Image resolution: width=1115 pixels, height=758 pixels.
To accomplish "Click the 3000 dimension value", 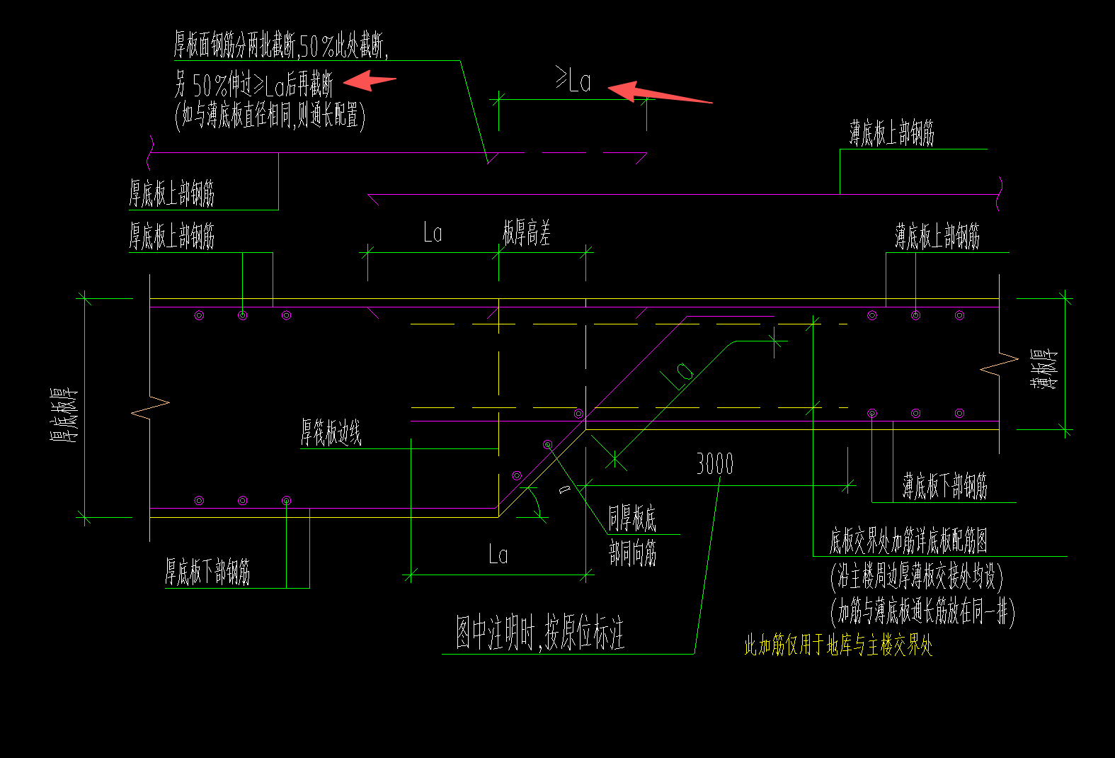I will coord(714,464).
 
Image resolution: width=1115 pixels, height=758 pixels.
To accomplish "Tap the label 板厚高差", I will coord(527,232).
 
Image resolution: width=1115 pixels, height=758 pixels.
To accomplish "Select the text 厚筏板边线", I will coord(331,432).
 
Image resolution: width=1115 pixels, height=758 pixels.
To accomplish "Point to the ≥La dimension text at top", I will coord(573,80).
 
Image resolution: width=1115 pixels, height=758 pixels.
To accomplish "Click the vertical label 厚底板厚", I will coord(64,415).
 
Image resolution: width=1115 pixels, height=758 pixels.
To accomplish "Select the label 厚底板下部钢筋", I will coord(207,571).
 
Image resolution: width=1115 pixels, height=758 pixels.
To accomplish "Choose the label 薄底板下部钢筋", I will coord(944,487).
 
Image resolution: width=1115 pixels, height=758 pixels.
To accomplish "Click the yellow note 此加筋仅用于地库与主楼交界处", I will coord(838,645).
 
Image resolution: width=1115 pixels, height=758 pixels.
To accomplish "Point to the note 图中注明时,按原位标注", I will coord(539,633).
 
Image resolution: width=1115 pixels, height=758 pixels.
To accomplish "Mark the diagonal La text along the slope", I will coord(678,375).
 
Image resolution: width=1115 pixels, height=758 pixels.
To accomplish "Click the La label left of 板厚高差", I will coord(433,232).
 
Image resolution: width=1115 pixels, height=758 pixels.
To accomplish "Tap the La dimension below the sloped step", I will coord(498,555).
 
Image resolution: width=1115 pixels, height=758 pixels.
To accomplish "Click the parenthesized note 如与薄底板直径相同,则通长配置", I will coord(270,115).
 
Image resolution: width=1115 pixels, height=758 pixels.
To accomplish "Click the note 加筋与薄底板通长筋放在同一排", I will coord(922,611).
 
